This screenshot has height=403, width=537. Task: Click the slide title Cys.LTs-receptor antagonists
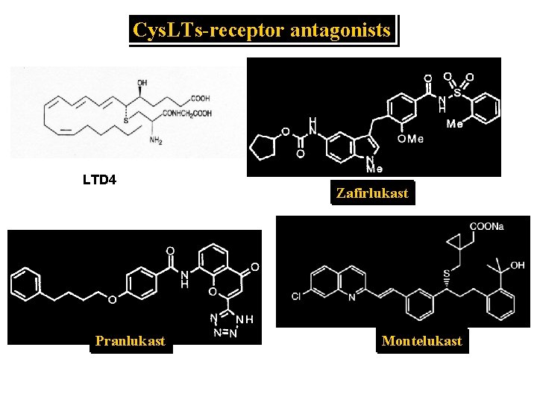pos(262,31)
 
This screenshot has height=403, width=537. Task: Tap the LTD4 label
pos(98,180)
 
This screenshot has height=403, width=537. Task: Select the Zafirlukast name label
pos(372,193)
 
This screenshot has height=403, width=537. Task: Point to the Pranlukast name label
pos(131,341)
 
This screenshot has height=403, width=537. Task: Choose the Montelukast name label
pos(421,341)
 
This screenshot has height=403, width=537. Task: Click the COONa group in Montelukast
pos(486,227)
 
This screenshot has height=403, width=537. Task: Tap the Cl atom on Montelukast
pos(296,297)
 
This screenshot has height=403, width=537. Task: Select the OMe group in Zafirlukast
pos(410,138)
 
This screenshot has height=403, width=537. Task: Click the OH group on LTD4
pos(142,83)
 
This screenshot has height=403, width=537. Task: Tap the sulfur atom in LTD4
pos(125,120)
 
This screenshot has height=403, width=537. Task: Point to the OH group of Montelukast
pos(518,266)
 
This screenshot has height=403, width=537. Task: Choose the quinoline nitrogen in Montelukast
pos(352,299)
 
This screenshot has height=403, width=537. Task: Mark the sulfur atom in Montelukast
pos(446,277)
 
